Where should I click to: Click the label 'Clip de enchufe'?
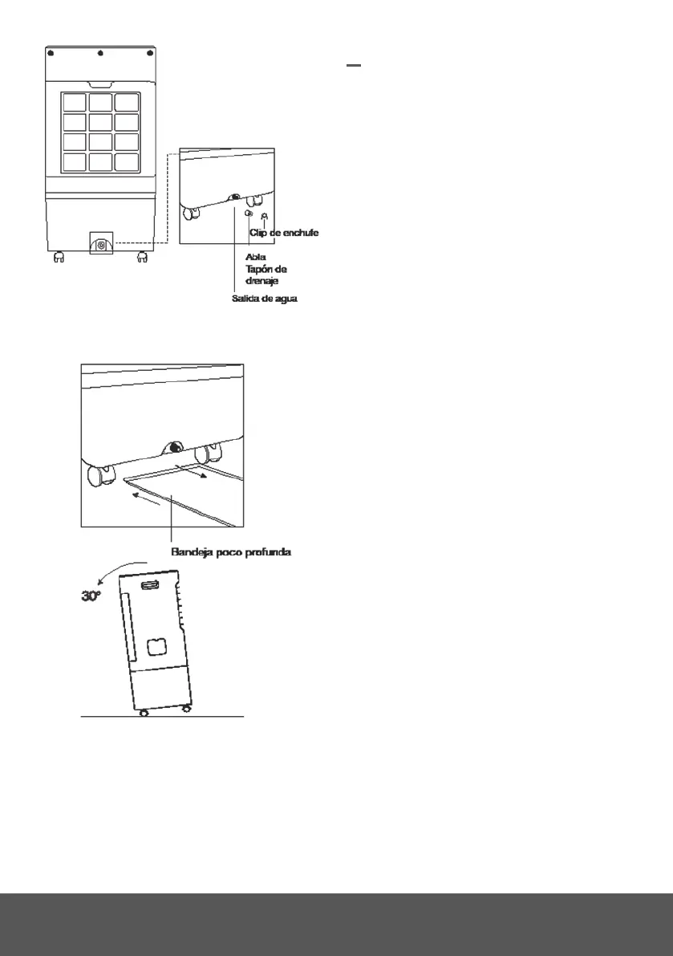284,233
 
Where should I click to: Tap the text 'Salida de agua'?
264,299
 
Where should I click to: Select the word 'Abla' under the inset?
255,256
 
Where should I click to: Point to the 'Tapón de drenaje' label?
266,275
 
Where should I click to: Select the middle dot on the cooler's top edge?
100,55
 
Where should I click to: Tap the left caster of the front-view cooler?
59,258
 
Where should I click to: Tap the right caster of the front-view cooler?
142,258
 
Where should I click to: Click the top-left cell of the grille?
74,103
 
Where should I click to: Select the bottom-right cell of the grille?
126,161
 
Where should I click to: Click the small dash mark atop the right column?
355,67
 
